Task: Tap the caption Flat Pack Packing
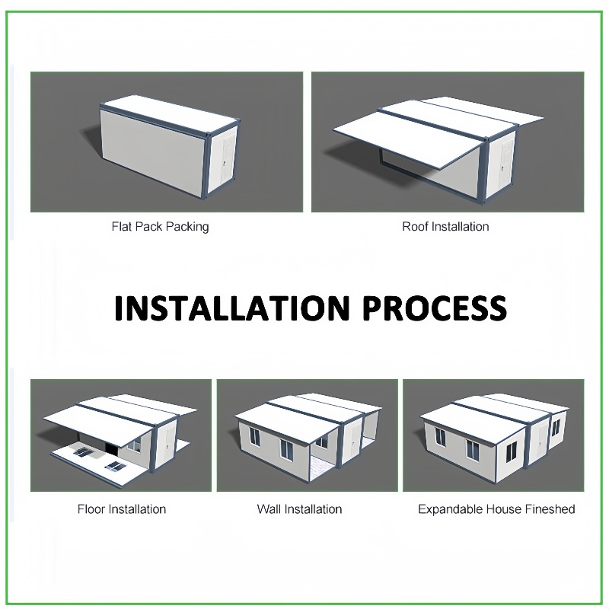click(x=160, y=226)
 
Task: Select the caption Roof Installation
click(x=445, y=226)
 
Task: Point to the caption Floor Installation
click(x=122, y=509)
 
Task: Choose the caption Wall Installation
click(x=299, y=509)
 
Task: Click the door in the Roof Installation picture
click(x=505, y=167)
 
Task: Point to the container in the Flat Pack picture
click(x=170, y=147)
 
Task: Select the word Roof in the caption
click(x=415, y=226)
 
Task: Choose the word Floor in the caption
click(x=91, y=509)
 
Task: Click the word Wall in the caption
click(x=269, y=509)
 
